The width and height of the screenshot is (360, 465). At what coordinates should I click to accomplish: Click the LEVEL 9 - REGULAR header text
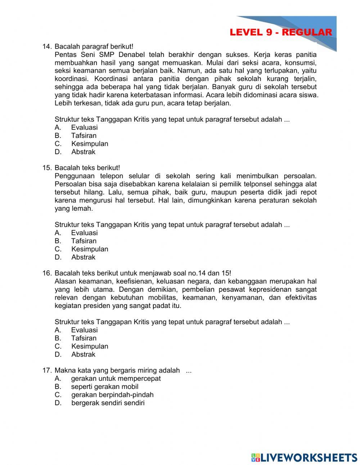280,32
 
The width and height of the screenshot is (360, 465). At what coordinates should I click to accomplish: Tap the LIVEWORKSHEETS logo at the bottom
304,457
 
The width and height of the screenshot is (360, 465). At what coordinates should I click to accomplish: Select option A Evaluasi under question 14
84,128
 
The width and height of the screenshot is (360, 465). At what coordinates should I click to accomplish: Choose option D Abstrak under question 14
83,152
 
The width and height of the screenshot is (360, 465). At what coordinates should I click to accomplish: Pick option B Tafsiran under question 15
84,241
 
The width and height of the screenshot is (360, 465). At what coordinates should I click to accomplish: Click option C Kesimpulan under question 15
89,249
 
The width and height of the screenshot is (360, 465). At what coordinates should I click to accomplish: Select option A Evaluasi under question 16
84,330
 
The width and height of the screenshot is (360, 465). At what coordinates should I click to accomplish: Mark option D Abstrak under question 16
83,354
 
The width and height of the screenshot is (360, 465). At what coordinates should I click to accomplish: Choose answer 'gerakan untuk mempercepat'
116,379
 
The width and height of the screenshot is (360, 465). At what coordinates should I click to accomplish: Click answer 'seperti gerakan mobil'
104,387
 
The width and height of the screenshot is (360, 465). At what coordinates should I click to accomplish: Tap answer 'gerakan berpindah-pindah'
112,395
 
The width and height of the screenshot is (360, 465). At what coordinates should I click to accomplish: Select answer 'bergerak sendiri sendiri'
108,403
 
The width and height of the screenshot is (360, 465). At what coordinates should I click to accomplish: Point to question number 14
47,46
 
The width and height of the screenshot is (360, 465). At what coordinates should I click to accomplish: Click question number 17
47,370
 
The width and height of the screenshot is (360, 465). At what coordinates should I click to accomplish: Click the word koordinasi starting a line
68,79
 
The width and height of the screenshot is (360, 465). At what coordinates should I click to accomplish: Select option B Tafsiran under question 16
84,338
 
